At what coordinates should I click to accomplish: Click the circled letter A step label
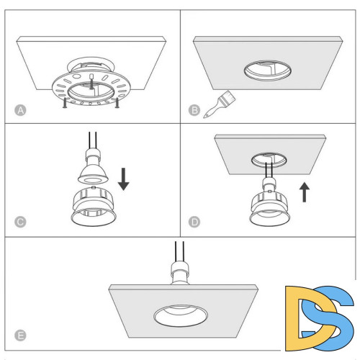20,110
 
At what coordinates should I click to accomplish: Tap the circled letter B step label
194,110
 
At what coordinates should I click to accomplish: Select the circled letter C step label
20,222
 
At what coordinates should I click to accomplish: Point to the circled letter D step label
194,222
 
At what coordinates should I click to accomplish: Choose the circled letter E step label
20,336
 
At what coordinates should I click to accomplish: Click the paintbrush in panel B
220,104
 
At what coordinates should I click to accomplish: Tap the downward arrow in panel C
124,179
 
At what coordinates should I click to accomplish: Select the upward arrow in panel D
305,192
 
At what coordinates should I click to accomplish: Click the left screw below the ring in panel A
65,103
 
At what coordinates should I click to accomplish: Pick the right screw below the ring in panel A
117,103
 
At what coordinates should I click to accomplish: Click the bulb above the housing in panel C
93,166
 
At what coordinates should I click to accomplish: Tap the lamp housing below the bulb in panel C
94,207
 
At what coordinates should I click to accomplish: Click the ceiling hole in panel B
268,71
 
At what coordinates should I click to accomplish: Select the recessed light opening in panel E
181,316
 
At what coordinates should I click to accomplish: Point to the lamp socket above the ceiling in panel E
180,273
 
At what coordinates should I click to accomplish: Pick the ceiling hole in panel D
269,160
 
